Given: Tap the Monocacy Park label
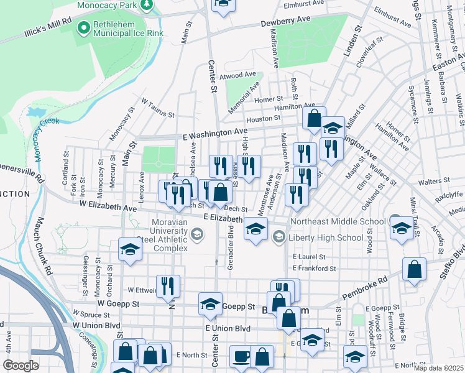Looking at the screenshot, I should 107,5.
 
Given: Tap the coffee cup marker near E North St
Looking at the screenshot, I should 241,357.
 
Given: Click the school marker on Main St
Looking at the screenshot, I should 130,249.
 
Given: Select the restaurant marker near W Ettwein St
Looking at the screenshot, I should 168,286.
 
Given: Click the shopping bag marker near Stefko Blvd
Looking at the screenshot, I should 414,270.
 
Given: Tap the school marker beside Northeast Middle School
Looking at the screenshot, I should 402,228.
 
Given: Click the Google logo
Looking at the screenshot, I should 21,365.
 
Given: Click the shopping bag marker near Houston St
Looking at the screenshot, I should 315,117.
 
